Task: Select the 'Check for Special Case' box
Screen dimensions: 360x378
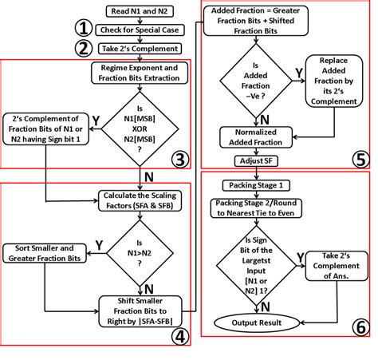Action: pos(141,30)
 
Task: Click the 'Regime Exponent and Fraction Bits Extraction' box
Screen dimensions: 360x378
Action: pos(141,74)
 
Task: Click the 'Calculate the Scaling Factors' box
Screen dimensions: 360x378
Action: pos(141,198)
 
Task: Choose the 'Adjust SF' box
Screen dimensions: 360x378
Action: pos(250,160)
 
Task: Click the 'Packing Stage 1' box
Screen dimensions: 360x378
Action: pos(250,185)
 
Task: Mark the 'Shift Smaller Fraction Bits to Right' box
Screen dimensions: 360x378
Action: pos(141,306)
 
